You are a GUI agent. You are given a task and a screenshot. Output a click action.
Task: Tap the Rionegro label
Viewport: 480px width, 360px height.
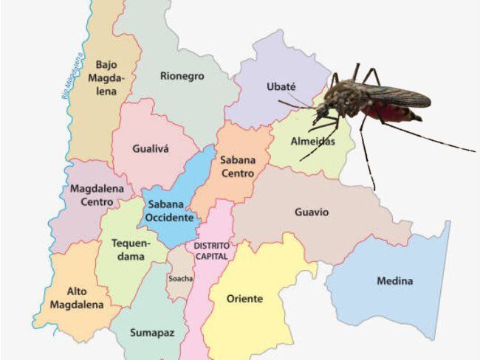[182, 76]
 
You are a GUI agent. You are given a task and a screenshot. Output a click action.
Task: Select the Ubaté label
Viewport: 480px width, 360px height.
[281, 87]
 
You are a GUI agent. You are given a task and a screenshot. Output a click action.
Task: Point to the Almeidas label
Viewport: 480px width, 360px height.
[312, 141]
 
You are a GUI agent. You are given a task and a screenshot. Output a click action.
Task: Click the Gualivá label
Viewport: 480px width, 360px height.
[151, 148]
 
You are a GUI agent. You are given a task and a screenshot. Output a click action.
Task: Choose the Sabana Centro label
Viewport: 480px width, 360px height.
[237, 166]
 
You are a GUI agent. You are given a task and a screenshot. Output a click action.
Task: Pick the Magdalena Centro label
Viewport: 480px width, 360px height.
[92, 195]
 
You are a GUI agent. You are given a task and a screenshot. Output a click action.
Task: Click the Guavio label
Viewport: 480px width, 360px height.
[312, 212]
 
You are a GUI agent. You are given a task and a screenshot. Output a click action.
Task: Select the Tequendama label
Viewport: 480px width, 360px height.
[131, 249]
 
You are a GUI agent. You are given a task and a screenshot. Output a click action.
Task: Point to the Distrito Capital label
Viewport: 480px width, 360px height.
[211, 251]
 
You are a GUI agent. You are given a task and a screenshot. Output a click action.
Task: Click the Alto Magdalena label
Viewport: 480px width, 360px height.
[77, 297]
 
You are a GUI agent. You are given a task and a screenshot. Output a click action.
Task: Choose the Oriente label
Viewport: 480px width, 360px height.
[244, 299]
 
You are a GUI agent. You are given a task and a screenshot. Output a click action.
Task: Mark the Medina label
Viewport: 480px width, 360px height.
[395, 281]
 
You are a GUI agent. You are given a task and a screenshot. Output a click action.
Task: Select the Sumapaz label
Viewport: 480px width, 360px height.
[152, 333]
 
